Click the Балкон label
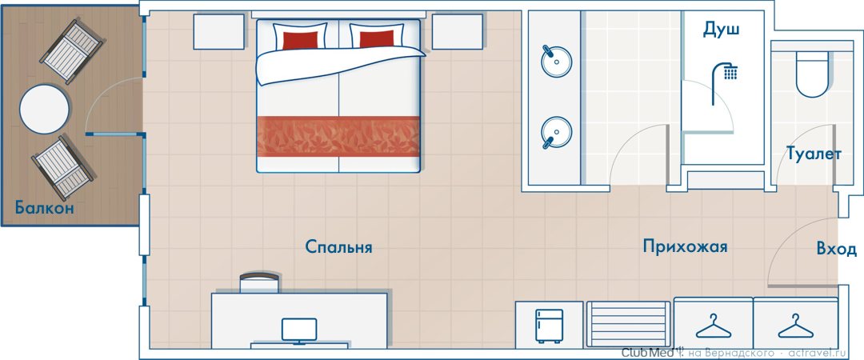[x=44, y=208]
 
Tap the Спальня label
[x=339, y=247]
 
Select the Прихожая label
[x=685, y=246]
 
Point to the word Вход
[x=837, y=249]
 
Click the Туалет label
[x=814, y=154]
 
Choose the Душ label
[x=721, y=30]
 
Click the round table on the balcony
[x=45, y=109]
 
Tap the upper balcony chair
[x=72, y=51]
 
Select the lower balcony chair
[x=63, y=168]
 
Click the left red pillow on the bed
[x=300, y=40]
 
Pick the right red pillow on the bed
[x=377, y=39]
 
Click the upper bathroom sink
[x=556, y=61]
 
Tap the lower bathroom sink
[x=556, y=133]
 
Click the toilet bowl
[x=812, y=75]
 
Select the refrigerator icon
[x=550, y=326]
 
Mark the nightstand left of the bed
[x=218, y=32]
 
